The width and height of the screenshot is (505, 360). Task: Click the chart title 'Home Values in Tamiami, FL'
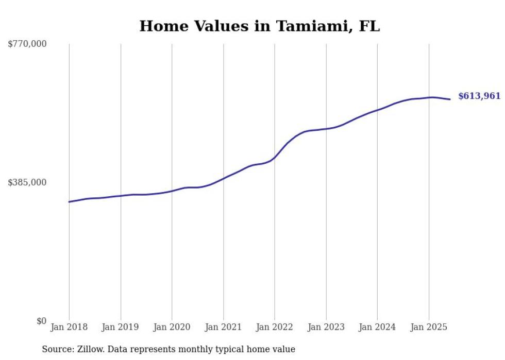(x=259, y=26)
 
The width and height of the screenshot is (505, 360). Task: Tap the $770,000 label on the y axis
(x=27, y=44)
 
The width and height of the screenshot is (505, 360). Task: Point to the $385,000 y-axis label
(x=27, y=182)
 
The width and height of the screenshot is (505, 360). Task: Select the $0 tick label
(x=41, y=321)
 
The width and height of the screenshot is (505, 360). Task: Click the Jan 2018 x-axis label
(x=69, y=327)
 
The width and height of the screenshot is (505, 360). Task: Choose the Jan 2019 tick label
(x=121, y=327)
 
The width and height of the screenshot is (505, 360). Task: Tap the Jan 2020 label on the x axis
(x=172, y=327)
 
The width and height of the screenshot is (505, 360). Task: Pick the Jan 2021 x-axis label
(x=223, y=327)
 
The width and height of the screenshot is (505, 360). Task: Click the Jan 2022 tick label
(x=275, y=327)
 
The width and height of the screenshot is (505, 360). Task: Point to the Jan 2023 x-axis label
(x=326, y=327)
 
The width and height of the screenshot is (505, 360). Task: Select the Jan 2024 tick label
(x=377, y=327)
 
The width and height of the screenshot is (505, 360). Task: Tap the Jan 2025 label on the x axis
(x=429, y=327)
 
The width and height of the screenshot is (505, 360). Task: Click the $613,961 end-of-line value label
(x=479, y=96)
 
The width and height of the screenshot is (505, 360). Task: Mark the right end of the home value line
(x=450, y=99)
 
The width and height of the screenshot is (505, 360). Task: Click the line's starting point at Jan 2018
(x=69, y=202)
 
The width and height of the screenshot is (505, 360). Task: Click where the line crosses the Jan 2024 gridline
(x=377, y=110)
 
